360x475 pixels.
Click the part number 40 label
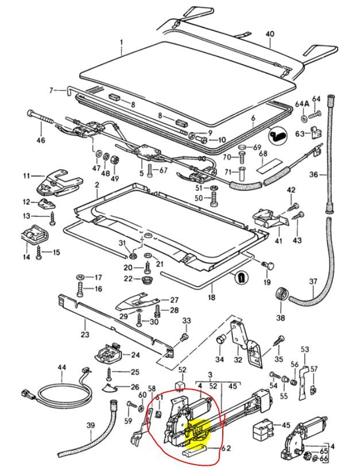269,34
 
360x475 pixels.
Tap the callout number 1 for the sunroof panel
121,42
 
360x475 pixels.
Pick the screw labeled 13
53,219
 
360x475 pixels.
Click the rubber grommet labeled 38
281,295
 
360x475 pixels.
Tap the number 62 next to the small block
225,448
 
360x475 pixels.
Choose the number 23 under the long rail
85,334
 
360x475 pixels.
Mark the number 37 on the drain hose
313,281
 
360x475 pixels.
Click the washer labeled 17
80,277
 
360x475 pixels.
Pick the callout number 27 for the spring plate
174,300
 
